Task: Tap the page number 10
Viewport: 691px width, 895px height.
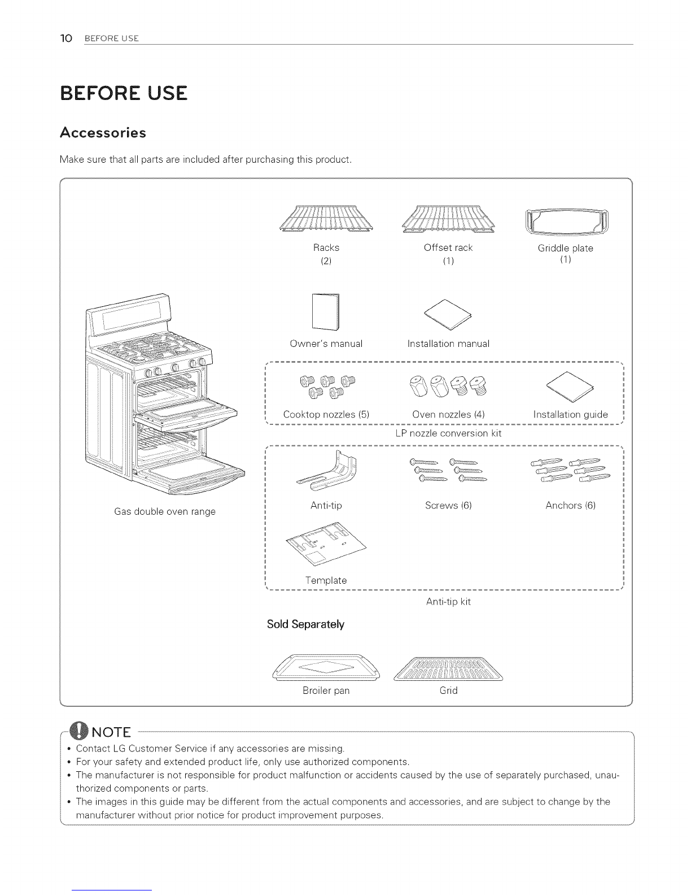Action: coord(66,38)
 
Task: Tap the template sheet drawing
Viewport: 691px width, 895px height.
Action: coord(326,545)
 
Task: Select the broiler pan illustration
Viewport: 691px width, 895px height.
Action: coord(326,668)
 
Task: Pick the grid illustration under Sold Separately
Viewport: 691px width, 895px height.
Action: coord(448,670)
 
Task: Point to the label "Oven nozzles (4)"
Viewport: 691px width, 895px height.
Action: coord(449,414)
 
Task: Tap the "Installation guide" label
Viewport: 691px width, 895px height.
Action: coord(570,414)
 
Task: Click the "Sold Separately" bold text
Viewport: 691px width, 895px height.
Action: coord(305,624)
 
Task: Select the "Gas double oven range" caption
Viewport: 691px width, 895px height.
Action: coord(165,511)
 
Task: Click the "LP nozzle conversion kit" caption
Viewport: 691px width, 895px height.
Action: coord(448,433)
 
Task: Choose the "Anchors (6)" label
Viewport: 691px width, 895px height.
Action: coord(570,505)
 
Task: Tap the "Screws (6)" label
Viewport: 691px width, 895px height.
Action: coord(448,505)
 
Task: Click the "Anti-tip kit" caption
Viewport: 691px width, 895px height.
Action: coord(448,602)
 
